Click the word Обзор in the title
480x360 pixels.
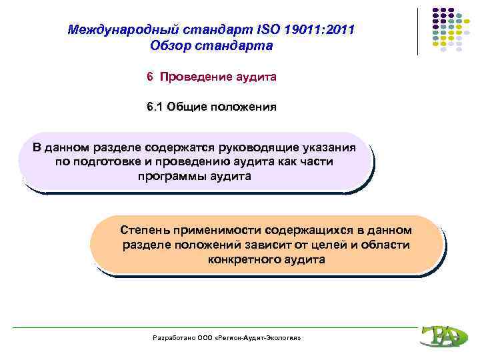[x=172, y=46]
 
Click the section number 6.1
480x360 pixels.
[x=155, y=107]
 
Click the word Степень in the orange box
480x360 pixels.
[x=145, y=230]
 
